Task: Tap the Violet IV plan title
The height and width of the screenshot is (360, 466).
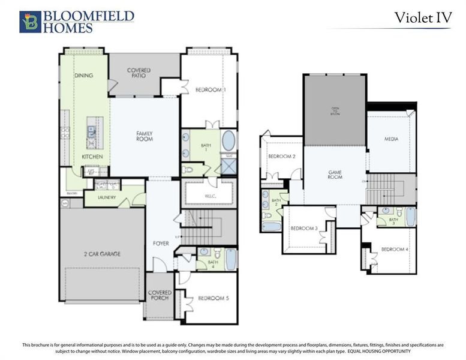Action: [x=422, y=17]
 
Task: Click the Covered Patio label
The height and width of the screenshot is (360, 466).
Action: [x=139, y=73]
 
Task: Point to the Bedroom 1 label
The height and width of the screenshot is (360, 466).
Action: [x=211, y=89]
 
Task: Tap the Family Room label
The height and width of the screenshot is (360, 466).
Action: [x=145, y=136]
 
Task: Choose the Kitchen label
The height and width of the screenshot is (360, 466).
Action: [x=92, y=157]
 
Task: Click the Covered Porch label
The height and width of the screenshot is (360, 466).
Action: [x=159, y=295]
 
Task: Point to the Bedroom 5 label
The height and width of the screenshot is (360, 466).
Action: [x=214, y=298]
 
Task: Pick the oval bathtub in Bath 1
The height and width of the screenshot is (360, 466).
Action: [x=229, y=141]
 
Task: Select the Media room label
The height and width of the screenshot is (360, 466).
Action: [x=391, y=139]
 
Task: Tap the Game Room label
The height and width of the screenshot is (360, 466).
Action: [x=335, y=175]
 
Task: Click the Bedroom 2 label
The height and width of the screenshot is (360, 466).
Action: [x=281, y=157]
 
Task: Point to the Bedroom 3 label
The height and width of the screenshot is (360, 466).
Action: [x=303, y=228]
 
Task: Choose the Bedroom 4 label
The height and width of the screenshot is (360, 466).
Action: [x=395, y=249]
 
